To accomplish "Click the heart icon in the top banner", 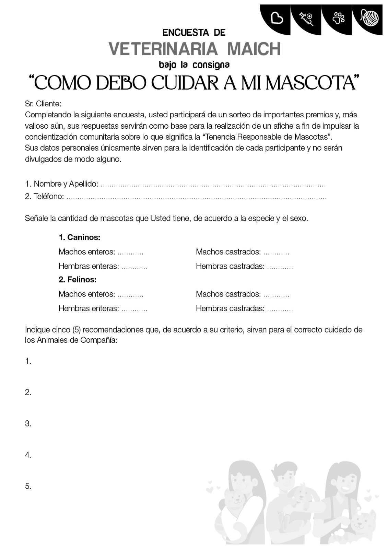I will (277, 18).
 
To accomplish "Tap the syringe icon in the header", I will (306, 19).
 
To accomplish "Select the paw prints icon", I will (339, 17).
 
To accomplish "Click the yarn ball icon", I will (370, 17).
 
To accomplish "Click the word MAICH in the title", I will (254, 49).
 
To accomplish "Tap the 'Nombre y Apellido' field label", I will (66, 184).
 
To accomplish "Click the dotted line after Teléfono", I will (196, 197).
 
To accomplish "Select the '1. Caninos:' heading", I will (79, 237).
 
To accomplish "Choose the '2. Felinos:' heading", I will (78, 280).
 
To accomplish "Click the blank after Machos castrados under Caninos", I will (277, 253).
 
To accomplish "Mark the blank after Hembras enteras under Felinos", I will (134, 309).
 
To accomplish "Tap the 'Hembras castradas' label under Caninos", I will (230, 266).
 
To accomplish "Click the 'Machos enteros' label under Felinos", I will (86, 294).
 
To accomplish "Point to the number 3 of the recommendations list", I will (28, 424).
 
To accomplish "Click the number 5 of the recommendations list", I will (28, 486).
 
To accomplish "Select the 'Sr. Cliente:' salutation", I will (43, 104).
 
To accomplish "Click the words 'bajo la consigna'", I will (194, 65).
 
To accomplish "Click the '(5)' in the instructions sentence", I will (77, 330).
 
